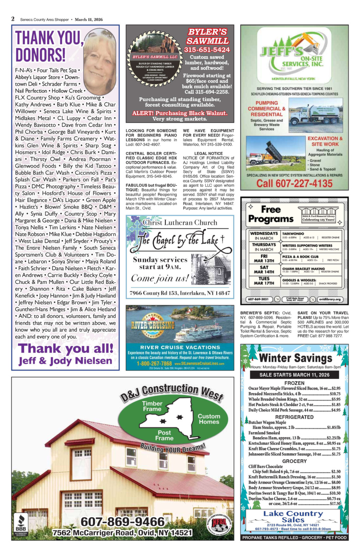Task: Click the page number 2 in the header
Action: (x=13, y=19)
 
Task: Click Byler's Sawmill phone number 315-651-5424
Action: (x=207, y=50)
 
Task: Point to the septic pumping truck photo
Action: (x=315, y=111)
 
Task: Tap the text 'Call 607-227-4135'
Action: (x=294, y=183)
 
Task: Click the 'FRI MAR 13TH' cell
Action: (x=264, y=259)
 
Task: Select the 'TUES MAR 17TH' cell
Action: (x=264, y=281)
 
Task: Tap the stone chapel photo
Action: (x=211, y=270)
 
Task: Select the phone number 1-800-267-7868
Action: (x=154, y=363)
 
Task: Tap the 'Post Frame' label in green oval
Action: (x=164, y=435)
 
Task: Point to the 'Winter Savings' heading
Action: (x=295, y=358)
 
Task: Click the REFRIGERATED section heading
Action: (x=294, y=417)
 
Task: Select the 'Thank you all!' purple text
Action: (x=66, y=348)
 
